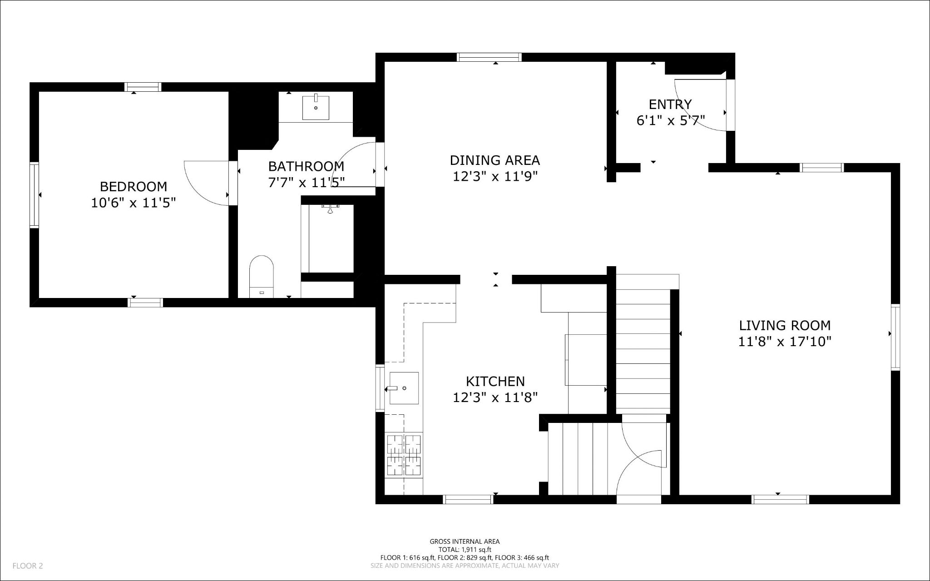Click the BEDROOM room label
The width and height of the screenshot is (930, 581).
pos(133,186)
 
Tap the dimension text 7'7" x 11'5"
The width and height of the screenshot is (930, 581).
pos(306,182)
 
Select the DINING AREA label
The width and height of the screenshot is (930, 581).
pos(495,160)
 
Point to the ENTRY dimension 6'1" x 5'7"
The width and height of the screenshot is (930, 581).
pos(670,121)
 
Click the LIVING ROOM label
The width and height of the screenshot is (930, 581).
pos(785,325)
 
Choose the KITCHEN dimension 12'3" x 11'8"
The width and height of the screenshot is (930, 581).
pos(495,397)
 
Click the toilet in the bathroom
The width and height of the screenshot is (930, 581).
pos(262,276)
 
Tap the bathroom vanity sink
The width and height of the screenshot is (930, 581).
pos(316,107)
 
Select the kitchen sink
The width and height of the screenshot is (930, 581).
pos(404,388)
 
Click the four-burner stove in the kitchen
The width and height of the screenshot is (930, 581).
pos(404,455)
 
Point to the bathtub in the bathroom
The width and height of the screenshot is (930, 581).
pos(327,238)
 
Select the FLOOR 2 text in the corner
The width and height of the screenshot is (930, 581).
pos(28,566)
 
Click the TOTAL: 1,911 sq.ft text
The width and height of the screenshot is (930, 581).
pos(465,549)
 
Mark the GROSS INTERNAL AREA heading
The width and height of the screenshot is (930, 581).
pos(465,541)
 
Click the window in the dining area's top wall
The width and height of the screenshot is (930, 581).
pos(489,57)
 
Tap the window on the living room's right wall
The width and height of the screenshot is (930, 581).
pos(895,337)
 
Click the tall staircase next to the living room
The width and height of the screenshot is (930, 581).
pos(643,345)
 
